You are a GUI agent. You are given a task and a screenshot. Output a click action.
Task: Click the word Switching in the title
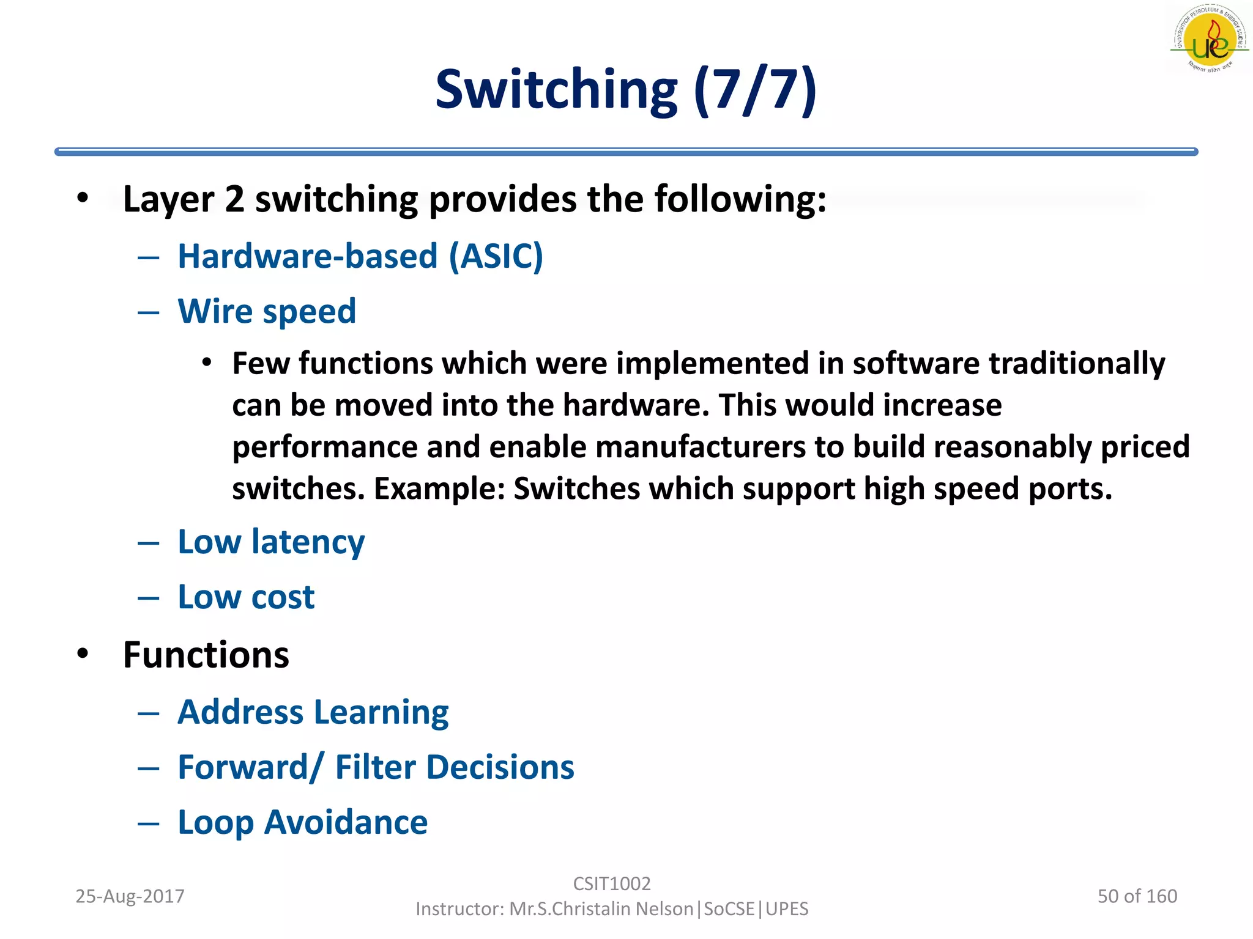click(x=556, y=90)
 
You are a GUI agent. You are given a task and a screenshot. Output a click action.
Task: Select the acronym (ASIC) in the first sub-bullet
click(x=496, y=256)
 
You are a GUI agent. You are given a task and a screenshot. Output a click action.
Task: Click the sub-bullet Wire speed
click(x=267, y=311)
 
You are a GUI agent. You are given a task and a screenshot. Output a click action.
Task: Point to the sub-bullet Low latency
click(x=271, y=542)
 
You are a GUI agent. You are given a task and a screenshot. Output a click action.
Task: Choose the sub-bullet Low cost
click(x=246, y=597)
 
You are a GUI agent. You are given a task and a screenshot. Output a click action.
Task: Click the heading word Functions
click(x=206, y=655)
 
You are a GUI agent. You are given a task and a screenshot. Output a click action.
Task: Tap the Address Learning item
click(x=313, y=713)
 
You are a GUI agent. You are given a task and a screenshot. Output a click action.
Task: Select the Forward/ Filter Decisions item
click(x=376, y=768)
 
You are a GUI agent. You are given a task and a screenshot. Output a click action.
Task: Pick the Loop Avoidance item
click(x=303, y=823)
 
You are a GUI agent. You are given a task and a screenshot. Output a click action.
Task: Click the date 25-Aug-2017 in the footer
click(x=130, y=896)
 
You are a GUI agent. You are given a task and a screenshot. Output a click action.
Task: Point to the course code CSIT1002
click(x=612, y=884)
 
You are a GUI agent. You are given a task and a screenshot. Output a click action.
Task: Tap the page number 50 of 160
click(x=1137, y=896)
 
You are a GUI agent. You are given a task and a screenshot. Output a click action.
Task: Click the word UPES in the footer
click(x=787, y=909)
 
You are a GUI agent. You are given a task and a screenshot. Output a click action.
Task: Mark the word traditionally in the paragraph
click(x=1077, y=364)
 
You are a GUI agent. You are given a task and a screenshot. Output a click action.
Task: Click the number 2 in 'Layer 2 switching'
click(x=234, y=200)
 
